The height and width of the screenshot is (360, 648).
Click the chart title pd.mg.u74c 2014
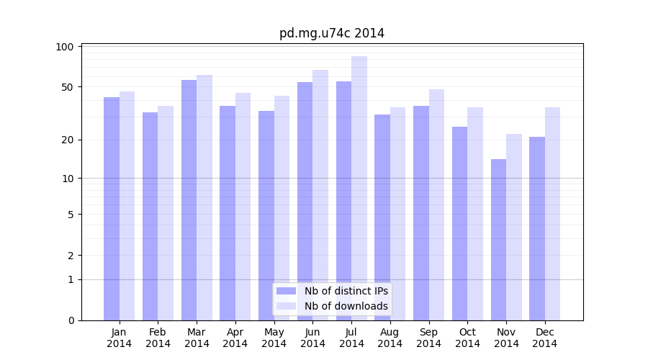[x=332, y=33]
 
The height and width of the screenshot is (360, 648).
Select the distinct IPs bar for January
[x=112, y=209]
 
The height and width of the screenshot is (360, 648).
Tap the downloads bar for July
[x=359, y=188]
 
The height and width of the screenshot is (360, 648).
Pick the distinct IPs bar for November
[x=498, y=240]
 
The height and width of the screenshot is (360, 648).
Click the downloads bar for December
[x=552, y=214]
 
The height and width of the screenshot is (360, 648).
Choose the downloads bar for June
[x=320, y=195]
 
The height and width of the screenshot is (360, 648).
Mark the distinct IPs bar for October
[x=459, y=223]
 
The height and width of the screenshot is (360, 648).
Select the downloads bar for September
[x=436, y=204]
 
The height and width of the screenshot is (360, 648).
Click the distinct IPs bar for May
[x=266, y=215]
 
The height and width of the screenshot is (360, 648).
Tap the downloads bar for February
[x=166, y=213]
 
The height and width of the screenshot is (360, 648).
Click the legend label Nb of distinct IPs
[x=346, y=291]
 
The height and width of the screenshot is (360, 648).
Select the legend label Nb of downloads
[x=346, y=306]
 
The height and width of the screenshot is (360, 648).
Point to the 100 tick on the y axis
[x=66, y=47]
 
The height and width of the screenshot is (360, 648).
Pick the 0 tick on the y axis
[x=71, y=320]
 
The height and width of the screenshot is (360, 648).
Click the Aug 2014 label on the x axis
[x=390, y=338]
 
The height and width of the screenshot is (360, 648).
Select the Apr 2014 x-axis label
[x=235, y=338]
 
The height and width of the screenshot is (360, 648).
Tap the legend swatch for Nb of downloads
[x=286, y=306]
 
